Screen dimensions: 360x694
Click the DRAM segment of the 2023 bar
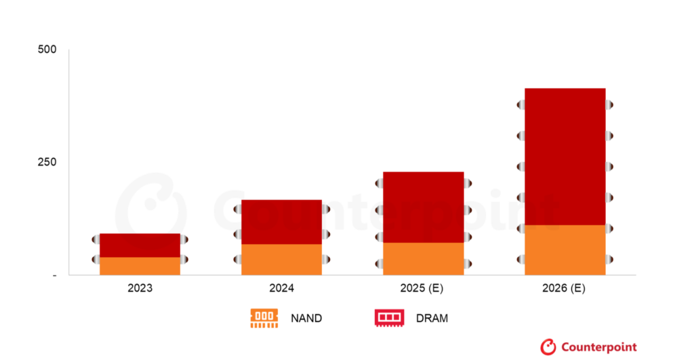pos(140,245)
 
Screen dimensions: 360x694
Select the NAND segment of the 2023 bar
pos(140,266)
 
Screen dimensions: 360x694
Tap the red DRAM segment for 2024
pos(281,222)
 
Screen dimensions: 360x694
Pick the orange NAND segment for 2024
pos(281,259)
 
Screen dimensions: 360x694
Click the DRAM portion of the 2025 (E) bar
pos(424,207)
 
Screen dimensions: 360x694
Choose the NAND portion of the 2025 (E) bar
pos(424,258)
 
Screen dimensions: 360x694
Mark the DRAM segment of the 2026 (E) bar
pos(565,156)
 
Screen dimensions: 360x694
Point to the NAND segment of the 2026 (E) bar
pos(565,249)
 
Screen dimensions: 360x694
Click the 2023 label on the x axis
pos(140,288)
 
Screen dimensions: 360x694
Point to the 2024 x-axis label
pos(281,288)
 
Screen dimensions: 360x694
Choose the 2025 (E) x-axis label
pos(423,288)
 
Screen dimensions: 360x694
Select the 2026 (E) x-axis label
pos(565,288)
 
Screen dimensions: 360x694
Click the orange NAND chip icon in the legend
pos(264,318)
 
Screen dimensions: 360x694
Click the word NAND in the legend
pos(306,318)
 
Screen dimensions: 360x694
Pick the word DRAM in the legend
pos(432,318)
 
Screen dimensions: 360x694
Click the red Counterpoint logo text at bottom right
pos(598,347)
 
